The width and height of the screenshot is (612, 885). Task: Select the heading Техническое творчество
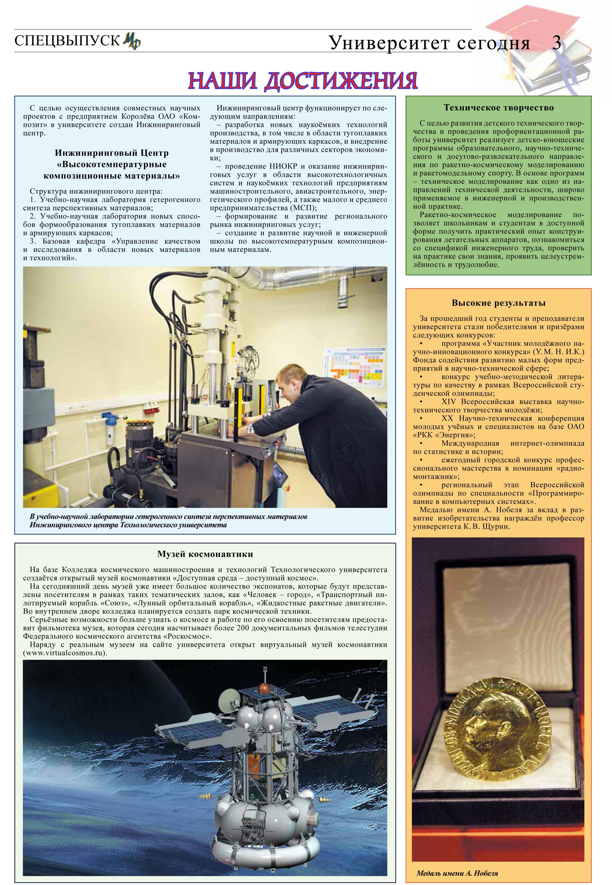point(498,108)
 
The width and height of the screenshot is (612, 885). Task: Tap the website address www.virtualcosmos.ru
point(64,653)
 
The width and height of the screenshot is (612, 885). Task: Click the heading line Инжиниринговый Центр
point(112,153)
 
